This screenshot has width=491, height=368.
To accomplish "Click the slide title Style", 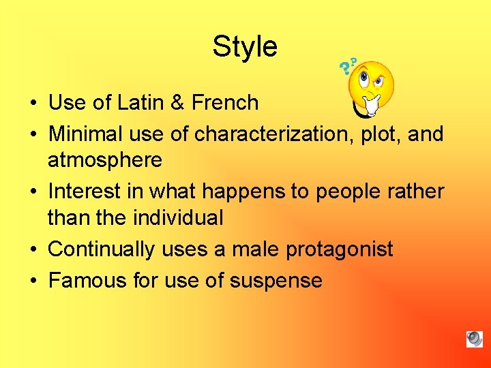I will (x=245, y=47).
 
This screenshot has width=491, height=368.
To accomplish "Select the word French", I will (x=225, y=103).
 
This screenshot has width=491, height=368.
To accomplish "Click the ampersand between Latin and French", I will (x=177, y=103).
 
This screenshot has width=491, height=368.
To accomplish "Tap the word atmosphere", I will (x=105, y=160).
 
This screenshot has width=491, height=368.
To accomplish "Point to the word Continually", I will (x=101, y=249).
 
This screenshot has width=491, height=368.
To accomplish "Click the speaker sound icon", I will (x=475, y=339).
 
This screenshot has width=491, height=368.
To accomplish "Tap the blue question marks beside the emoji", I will (x=348, y=65).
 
